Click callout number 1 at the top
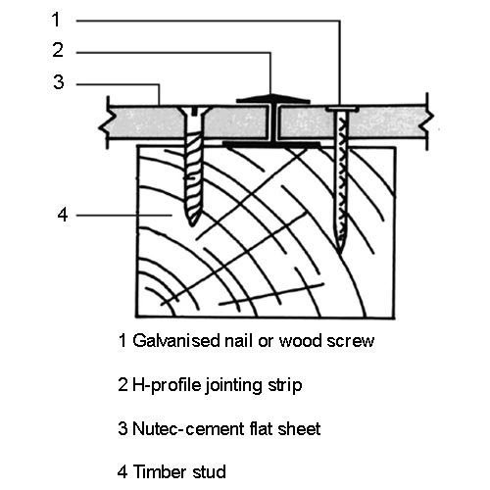click(56, 20)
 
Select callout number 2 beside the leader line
click(58, 50)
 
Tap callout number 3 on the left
click(59, 81)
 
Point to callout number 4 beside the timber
click(63, 215)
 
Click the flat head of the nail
click(342, 109)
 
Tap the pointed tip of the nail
click(340, 252)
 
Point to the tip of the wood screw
click(192, 224)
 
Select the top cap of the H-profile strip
click(273, 99)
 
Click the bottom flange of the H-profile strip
click(271, 143)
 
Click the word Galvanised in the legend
click(176, 340)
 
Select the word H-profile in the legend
click(167, 385)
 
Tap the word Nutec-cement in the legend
click(188, 428)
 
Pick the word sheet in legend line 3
click(299, 428)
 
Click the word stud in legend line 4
click(209, 471)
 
